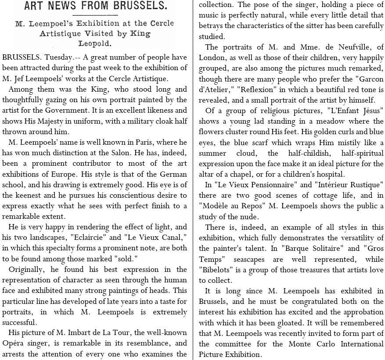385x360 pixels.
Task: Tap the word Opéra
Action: [x=13, y=343]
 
